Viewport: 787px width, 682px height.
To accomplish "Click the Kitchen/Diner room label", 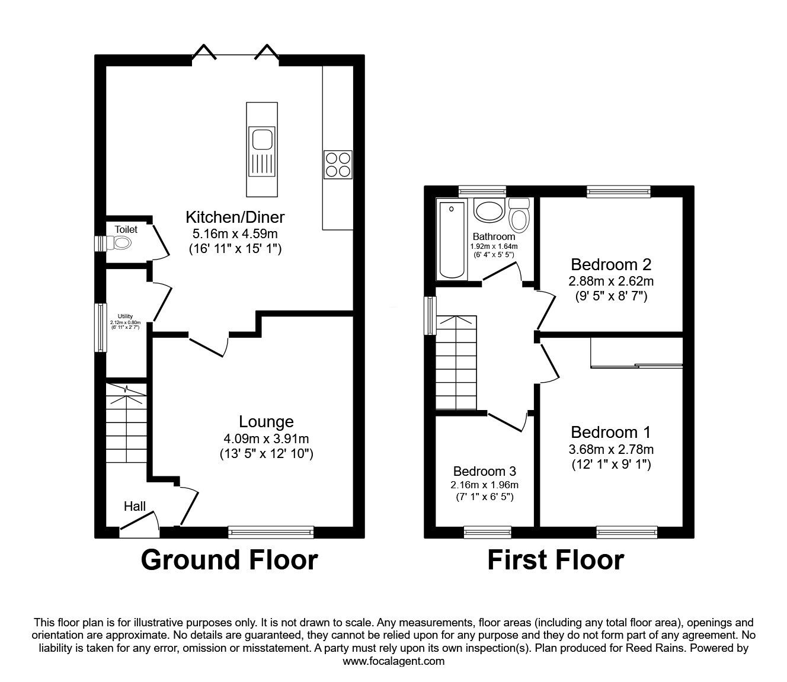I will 235,216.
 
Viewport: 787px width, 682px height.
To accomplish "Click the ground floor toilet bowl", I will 121,242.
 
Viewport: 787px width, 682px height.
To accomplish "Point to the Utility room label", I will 125,316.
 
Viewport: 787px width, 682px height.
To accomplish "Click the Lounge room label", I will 266,422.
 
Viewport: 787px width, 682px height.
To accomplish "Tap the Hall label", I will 135,506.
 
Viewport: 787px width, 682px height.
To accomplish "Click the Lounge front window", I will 271,532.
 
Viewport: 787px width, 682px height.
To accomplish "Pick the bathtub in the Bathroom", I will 452,240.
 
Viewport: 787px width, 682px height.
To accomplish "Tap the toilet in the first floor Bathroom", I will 520,214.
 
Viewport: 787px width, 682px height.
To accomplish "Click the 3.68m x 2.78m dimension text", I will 611,450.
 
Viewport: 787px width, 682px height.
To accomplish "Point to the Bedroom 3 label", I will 484,472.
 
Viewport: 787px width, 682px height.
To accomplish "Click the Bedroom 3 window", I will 487,532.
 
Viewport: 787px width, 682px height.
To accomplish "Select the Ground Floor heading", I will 229,560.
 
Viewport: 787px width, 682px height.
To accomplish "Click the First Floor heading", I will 555,560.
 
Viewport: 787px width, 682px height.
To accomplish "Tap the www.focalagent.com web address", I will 393,661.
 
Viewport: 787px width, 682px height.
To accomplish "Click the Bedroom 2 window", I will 618,191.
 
